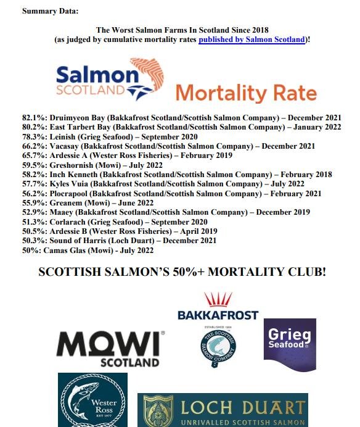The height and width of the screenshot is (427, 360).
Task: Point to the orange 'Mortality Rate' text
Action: pos(245,94)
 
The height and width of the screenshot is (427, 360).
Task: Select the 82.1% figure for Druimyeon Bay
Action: pos(34,117)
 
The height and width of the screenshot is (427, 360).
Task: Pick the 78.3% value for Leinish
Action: pos(34,136)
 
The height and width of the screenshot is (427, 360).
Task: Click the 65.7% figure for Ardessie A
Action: pos(34,155)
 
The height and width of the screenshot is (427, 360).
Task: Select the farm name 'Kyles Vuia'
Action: pos(70,184)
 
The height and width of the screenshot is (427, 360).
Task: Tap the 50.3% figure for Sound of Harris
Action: pos(34,240)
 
